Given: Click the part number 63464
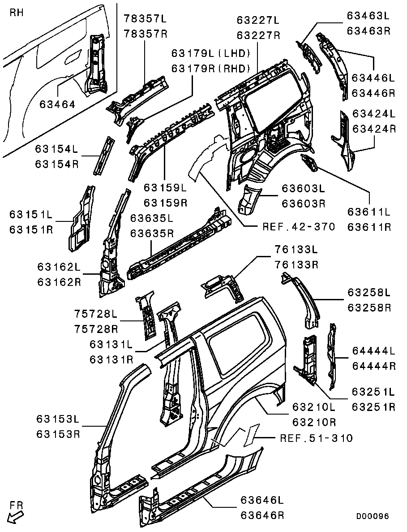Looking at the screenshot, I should [57, 104].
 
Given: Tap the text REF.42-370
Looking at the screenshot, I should [299, 226].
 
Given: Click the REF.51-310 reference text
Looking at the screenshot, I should [316, 438].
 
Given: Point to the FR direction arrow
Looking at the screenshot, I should [17, 516].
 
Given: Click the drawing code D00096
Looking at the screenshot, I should [372, 516].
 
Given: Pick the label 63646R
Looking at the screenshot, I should [262, 515].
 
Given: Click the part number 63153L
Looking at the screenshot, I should [58, 419].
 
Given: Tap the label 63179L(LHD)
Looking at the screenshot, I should [210, 53].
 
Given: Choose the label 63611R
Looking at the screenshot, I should [369, 227].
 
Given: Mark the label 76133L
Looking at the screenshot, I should [296, 250].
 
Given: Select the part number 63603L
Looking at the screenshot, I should [303, 188].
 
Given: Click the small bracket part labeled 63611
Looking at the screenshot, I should [309, 163].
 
